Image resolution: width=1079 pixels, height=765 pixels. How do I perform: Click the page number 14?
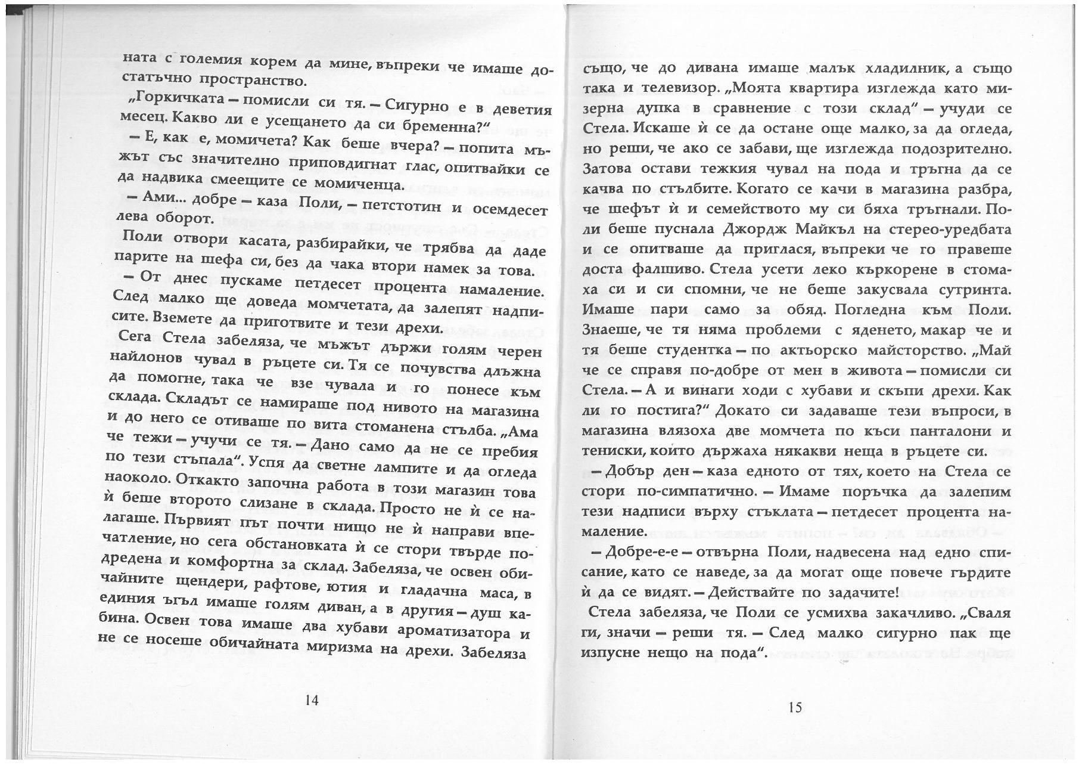click(x=312, y=700)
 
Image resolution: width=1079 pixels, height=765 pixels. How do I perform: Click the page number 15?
click(x=795, y=707)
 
